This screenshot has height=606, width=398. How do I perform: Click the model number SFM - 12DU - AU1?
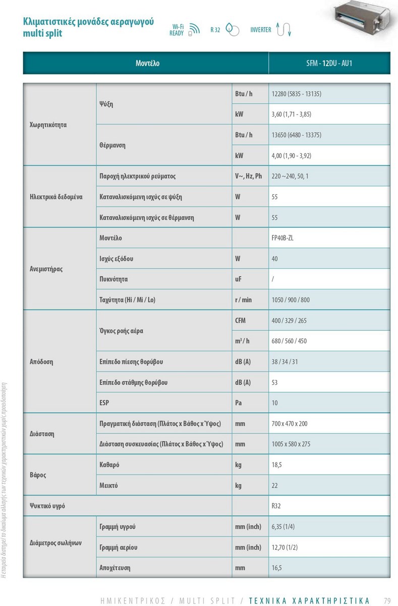tap(329, 64)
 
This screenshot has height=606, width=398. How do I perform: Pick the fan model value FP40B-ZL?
tap(282, 238)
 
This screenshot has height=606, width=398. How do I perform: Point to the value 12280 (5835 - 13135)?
tap(296, 94)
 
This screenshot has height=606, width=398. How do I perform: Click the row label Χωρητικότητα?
tap(48, 125)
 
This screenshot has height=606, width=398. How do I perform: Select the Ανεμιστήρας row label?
tap(46, 269)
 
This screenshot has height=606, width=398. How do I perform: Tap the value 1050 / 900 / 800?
tap(291, 300)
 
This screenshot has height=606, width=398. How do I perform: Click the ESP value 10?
tap(274, 403)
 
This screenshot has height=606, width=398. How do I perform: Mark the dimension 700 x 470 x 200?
tap(289, 424)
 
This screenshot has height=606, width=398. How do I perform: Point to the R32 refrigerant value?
tap(276, 506)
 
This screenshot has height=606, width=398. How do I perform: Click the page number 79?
tap(387, 600)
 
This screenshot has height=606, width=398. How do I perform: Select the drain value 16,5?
tap(276, 568)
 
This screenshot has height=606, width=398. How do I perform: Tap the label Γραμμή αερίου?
tap(119, 547)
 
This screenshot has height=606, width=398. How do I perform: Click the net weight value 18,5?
tap(276, 465)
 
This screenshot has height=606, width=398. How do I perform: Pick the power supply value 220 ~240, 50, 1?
tap(290, 176)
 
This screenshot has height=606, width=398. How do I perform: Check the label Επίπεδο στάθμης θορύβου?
tap(134, 382)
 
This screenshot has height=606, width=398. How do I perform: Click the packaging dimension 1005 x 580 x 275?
tap(291, 444)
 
